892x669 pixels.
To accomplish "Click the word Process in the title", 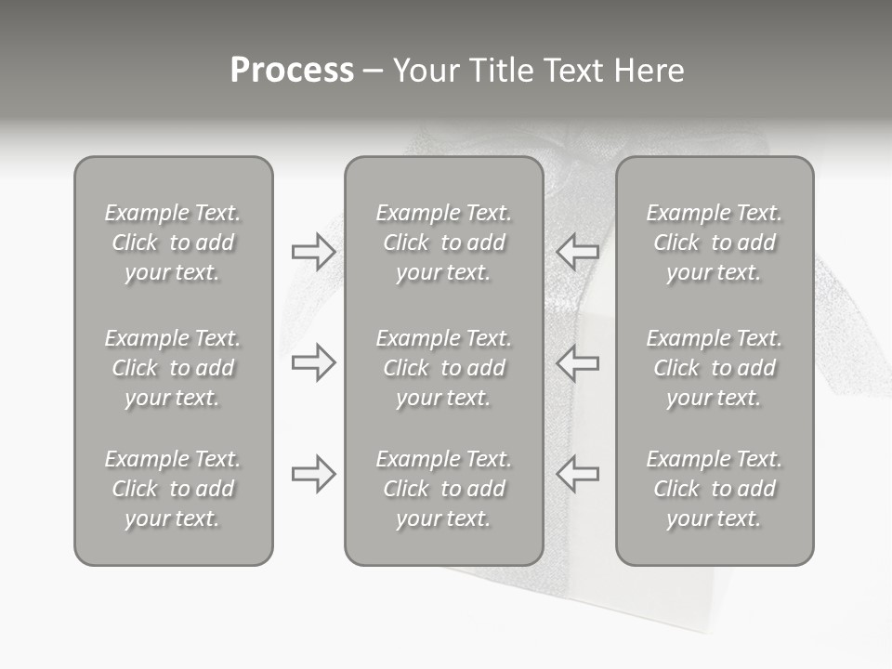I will pos(292,71).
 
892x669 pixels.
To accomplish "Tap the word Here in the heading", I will pos(649,71).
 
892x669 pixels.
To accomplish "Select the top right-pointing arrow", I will pos(313,252).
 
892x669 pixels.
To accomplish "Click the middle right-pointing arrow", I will pos(313,362).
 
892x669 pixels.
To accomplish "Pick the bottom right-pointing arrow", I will pos(313,473).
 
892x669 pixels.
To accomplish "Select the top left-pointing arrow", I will pos(577,252).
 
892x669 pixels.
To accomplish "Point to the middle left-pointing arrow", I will pos(577,362).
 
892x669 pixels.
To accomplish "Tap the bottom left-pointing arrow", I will pos(577,473).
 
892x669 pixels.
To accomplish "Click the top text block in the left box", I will pos(173,243).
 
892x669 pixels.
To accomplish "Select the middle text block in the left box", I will pos(173,368).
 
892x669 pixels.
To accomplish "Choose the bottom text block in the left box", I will pos(173,489).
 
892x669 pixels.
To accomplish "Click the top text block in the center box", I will pos(443,243).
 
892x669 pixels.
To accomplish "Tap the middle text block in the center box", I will pos(443,368).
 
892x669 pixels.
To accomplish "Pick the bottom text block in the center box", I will pos(443,489).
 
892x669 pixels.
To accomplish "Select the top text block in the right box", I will pos(715,243).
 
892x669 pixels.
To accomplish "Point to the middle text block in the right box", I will pos(715,368).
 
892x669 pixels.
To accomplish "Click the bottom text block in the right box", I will pos(715,489).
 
